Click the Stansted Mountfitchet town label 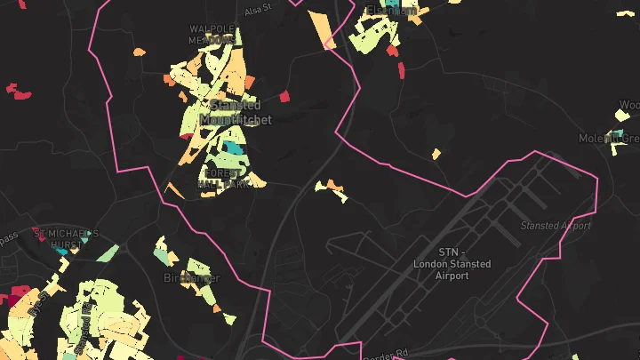coord(230,112)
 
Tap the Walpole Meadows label coord(212,34)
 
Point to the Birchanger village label coord(191,278)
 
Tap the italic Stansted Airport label coord(556,226)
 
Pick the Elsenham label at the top coord(391,12)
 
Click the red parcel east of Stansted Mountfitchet coord(284,96)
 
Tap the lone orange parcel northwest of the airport coord(436,154)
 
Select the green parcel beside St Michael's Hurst coord(108,252)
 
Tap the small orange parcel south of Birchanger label coord(229,317)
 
